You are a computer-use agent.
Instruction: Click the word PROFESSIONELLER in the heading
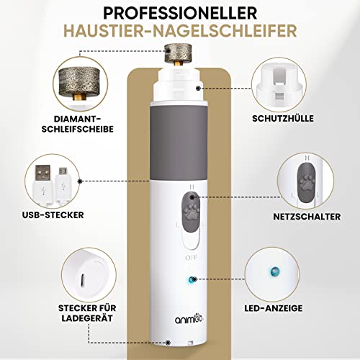click(180, 13)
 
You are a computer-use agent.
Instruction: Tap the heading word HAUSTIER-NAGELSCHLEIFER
click(180, 31)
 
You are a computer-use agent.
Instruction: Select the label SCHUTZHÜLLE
click(283, 118)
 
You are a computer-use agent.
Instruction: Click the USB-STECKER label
click(53, 215)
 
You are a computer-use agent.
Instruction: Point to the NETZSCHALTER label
click(307, 217)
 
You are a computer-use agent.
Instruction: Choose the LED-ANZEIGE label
click(274, 308)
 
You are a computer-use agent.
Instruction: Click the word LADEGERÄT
click(87, 318)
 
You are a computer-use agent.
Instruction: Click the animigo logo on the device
click(189, 319)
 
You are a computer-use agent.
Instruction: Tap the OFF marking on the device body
click(192, 258)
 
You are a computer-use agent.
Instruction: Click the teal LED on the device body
click(192, 279)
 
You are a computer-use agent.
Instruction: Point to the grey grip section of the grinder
click(179, 143)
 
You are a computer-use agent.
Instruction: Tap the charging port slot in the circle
click(82, 280)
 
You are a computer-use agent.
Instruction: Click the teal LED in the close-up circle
click(274, 271)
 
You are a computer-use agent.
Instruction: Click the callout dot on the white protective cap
click(198, 89)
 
